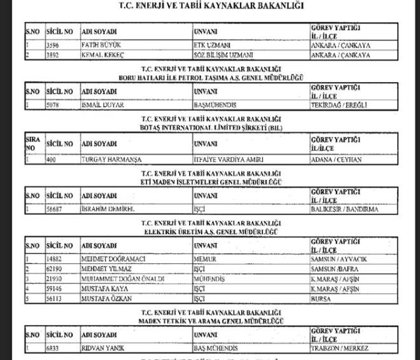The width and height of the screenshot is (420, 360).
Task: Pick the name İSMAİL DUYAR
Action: (x=103, y=105)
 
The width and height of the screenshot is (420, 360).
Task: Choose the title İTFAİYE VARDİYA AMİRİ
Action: (x=227, y=159)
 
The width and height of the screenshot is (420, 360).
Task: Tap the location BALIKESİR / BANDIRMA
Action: (x=344, y=209)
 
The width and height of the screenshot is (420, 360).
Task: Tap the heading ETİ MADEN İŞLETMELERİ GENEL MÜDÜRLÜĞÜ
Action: (x=210, y=181)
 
